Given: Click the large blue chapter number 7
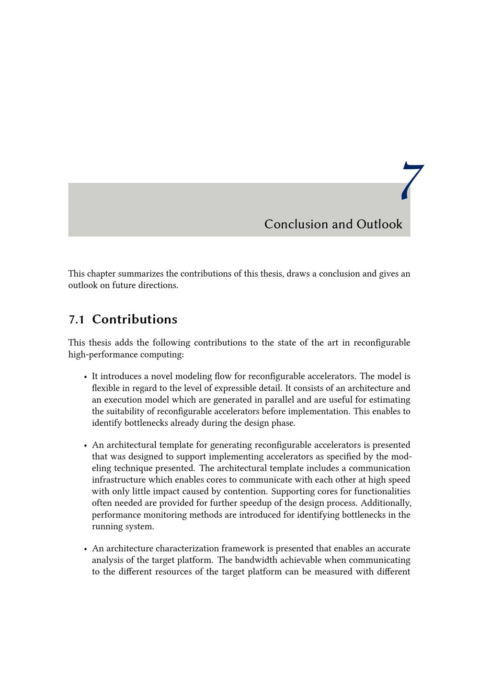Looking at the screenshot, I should tap(412, 181).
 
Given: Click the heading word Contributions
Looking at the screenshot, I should tap(135, 320).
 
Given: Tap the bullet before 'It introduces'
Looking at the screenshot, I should tap(85, 377).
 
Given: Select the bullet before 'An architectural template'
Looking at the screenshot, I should tap(85, 445).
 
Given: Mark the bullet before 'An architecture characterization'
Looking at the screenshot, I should tap(85, 549).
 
